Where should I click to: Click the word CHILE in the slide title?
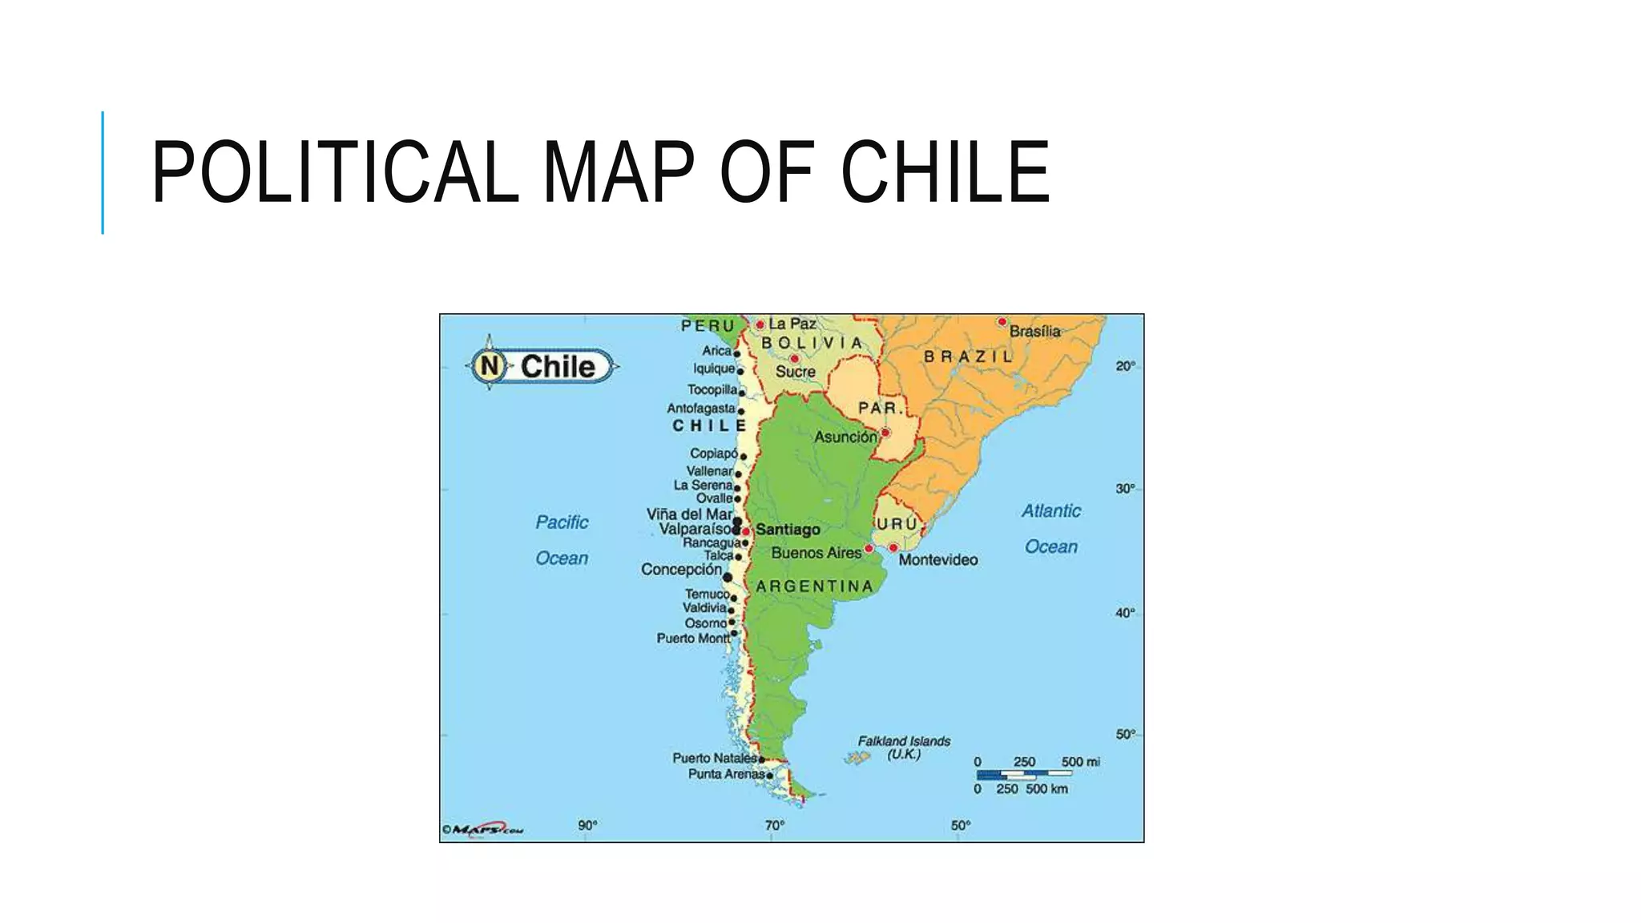[x=945, y=172]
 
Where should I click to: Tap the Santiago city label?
[x=788, y=530]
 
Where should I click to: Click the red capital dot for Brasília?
[x=1002, y=322]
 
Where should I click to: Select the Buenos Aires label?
[x=816, y=553]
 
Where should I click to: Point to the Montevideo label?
[x=937, y=559]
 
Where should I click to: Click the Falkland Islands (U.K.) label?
[x=904, y=748]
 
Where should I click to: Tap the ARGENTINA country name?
[x=814, y=586]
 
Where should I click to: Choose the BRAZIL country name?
[x=969, y=357]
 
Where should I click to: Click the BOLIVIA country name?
[x=812, y=343]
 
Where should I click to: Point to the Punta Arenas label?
[x=726, y=775]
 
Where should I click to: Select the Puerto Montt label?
[x=693, y=639]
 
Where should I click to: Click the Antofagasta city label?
[x=700, y=409]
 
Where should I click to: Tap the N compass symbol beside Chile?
[x=490, y=367]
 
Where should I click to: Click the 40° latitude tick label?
[x=1125, y=613]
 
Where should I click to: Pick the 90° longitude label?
[x=587, y=825]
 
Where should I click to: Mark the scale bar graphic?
[x=1023, y=775]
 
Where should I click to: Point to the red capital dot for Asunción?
[x=885, y=433]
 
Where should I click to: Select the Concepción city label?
[x=681, y=570]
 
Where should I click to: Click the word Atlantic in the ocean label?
[x=1050, y=511]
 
